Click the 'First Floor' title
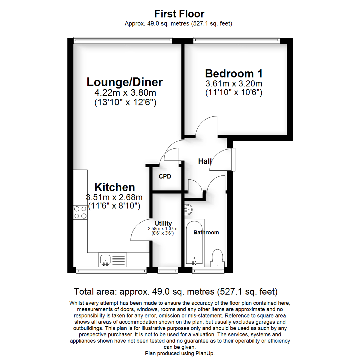point(179,14)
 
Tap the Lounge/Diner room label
point(125,82)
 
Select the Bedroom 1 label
point(234,73)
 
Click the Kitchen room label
point(114,187)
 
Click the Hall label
point(205,161)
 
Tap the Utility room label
point(163,223)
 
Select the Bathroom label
point(206,232)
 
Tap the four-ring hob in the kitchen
point(80,212)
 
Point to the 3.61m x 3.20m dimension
point(234,83)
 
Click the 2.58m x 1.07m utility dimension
point(163,229)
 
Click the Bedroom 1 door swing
point(207,127)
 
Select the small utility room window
point(167,270)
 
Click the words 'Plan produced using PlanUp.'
point(180,353)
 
